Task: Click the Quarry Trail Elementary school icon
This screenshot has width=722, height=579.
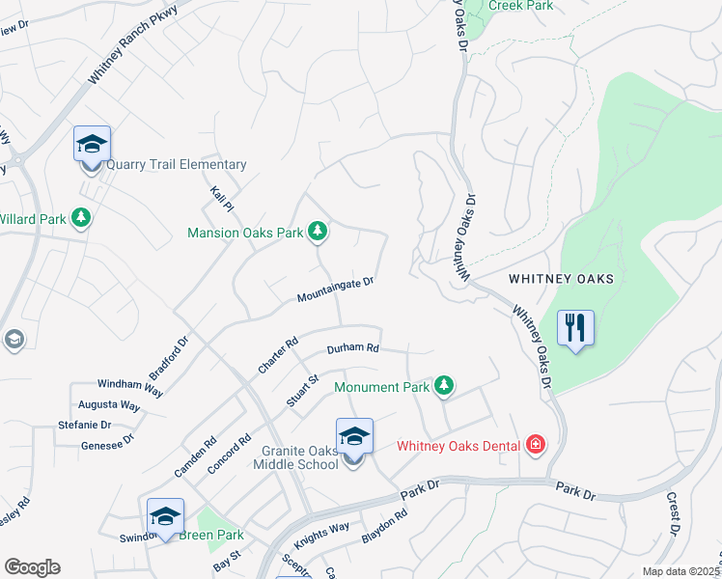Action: tap(92, 146)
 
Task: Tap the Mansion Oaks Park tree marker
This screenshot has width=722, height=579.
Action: tap(318, 232)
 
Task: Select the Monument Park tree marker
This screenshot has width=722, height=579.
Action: tap(443, 386)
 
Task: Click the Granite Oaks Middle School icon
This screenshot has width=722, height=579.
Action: tap(354, 437)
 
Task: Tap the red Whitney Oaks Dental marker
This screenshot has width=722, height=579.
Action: tap(535, 445)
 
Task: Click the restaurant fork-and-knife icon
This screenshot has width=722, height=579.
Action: tap(575, 328)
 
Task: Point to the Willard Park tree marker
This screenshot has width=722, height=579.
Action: tap(82, 219)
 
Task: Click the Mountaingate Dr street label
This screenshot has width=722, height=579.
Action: tap(335, 289)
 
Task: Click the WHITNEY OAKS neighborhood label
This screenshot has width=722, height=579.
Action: tap(562, 279)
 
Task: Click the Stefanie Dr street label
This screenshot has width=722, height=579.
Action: tap(85, 424)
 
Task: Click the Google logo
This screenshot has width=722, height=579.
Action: tap(32, 567)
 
